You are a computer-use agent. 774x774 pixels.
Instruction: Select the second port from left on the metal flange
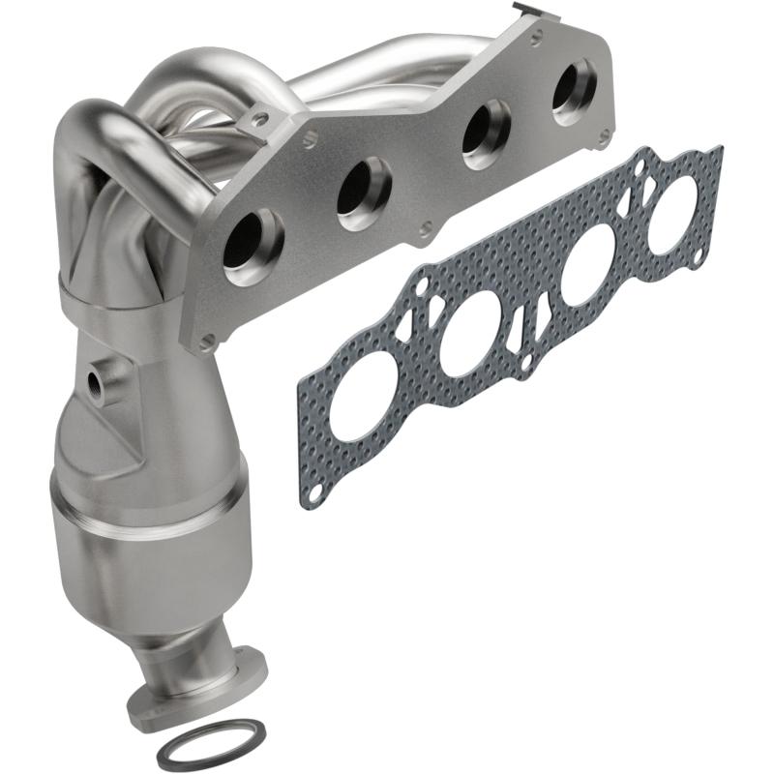(x=364, y=191)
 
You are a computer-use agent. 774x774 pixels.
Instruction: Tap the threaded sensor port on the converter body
(x=98, y=381)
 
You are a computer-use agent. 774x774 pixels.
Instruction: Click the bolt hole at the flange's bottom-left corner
(x=205, y=340)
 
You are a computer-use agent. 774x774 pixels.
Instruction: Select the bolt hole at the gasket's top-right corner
(x=713, y=155)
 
